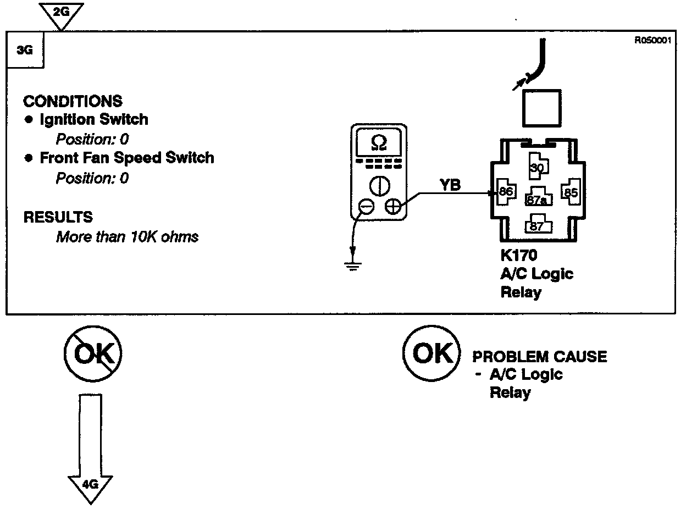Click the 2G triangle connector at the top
[x=62, y=13]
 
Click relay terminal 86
[x=505, y=192]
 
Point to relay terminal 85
[x=571, y=192]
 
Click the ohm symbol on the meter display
[x=379, y=143]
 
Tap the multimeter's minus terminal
[x=366, y=207]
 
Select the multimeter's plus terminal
[x=392, y=207]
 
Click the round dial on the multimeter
[x=379, y=185]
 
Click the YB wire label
[x=450, y=186]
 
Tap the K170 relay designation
[x=519, y=256]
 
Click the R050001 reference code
[x=652, y=40]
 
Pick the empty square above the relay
[x=541, y=108]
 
